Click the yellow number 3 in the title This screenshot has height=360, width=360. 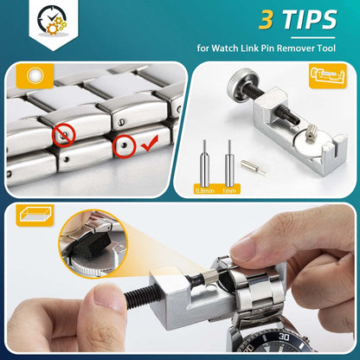click(x=266, y=20)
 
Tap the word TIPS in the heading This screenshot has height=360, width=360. click(x=310, y=19)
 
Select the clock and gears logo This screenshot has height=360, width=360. click(x=52, y=20)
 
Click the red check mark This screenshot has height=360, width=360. click(x=150, y=144)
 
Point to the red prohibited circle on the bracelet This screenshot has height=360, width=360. click(x=64, y=135)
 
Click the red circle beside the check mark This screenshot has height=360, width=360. click(x=125, y=146)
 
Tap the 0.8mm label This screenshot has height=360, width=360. click(x=205, y=190)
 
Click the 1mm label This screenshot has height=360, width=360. click(x=229, y=190)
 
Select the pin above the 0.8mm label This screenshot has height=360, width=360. click(x=204, y=164)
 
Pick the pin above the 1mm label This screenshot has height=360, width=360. click(x=229, y=164)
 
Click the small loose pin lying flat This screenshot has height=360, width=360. click(x=253, y=167)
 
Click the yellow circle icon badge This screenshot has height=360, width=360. click(x=35, y=76)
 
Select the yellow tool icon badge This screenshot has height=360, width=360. click(x=328, y=76)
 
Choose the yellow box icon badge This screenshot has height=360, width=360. click(x=35, y=215)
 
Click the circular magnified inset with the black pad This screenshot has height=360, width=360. click(x=93, y=244)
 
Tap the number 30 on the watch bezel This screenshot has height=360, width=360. click(x=284, y=337)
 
